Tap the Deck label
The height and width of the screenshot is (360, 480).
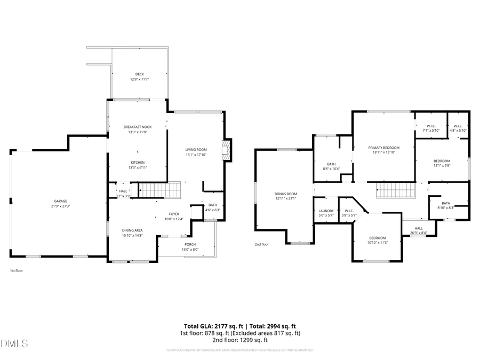click(139, 74)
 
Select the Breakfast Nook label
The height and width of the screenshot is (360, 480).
click(138, 127)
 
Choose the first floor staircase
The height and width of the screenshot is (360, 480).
click(161, 190)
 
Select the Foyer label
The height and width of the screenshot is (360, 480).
click(174, 213)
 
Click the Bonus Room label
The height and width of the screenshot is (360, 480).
click(285, 194)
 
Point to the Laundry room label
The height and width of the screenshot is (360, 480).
click(326, 211)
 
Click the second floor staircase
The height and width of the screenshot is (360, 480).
click(395, 189)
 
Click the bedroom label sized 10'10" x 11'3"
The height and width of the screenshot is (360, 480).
click(378, 237)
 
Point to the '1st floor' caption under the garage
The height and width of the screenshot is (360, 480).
click(16, 270)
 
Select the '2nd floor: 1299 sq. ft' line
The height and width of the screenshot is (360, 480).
click(240, 340)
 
